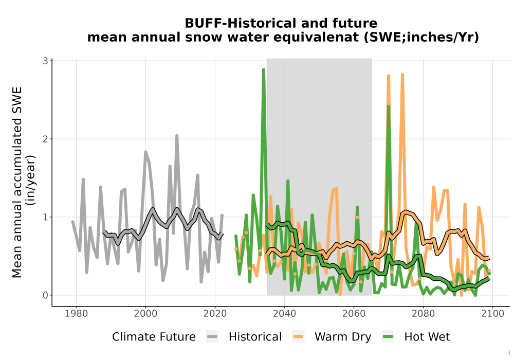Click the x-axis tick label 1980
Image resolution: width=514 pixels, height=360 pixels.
76,313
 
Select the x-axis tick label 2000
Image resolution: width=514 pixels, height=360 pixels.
145,313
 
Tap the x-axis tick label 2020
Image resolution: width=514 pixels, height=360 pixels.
215,313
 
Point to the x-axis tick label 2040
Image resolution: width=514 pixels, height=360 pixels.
284,313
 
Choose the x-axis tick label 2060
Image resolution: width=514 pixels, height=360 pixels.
354,313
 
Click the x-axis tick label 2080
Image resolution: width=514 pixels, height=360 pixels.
423,313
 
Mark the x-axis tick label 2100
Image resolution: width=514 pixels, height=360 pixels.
493,313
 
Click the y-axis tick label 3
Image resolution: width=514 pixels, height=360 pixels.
45,61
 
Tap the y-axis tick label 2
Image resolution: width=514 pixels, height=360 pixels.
45,139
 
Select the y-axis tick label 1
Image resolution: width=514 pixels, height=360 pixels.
45,217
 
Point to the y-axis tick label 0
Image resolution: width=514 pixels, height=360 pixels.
45,295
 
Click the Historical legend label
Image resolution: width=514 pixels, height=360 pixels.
255,337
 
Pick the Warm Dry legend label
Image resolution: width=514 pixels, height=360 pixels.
343,337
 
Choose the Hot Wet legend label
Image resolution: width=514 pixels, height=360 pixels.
427,337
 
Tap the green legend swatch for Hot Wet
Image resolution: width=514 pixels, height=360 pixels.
388,337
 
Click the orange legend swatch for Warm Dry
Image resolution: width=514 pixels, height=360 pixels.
298,337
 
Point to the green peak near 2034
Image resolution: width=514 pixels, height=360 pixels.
264,69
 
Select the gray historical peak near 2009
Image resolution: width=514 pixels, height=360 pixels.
177,136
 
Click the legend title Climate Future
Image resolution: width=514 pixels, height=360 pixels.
154,337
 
